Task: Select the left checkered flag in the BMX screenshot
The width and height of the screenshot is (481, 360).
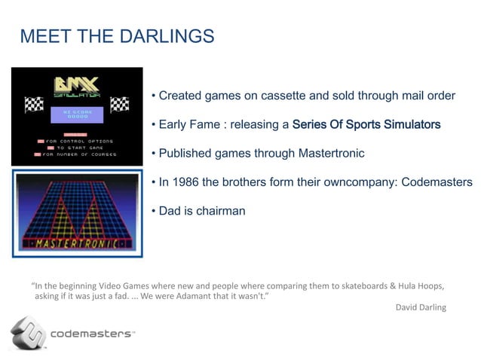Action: point(34,105)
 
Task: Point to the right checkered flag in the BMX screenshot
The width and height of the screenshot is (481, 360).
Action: point(119,105)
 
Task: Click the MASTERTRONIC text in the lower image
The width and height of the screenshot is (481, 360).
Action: point(77,244)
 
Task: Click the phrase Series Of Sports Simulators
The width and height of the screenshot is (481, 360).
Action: point(366,124)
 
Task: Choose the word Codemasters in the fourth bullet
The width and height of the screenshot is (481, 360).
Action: point(437,182)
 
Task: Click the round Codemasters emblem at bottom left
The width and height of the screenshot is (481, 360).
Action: point(27,334)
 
